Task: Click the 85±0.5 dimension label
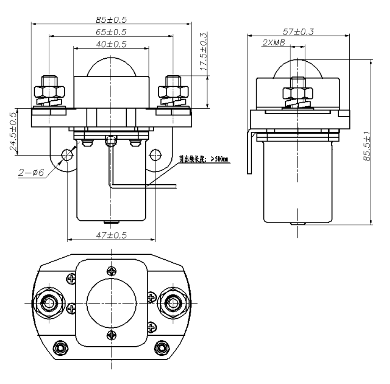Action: [x=111, y=19]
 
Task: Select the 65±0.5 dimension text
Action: [x=111, y=32]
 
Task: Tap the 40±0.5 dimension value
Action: [x=111, y=44]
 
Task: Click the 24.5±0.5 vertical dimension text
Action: [x=14, y=132]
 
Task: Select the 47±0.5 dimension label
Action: [x=111, y=235]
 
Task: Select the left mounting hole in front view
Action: [x=67, y=155]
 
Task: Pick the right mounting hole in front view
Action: [x=155, y=155]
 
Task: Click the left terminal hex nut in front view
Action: [x=49, y=91]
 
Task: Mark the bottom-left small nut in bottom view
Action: [x=61, y=347]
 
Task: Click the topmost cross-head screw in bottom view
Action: [x=111, y=270]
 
